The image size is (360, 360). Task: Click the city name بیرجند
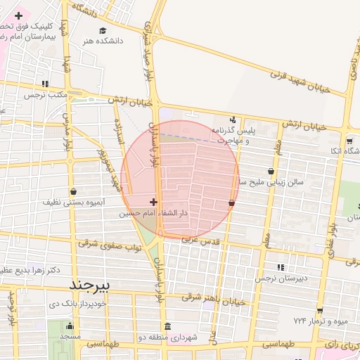91,285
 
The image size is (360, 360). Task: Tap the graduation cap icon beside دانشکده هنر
103,31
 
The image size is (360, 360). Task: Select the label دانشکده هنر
103,41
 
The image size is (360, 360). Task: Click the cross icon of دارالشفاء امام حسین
153,202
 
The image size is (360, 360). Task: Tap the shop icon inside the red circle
231,202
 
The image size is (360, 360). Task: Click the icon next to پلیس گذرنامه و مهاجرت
233,120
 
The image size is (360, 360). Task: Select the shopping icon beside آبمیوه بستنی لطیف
74,191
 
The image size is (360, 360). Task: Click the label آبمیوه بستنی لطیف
68,202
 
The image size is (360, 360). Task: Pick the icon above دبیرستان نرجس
281,267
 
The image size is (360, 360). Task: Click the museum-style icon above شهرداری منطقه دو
167,327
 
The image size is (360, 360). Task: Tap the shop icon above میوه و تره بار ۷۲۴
320,310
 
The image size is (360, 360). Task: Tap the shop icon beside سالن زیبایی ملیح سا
271,171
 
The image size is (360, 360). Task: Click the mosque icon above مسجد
69,326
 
